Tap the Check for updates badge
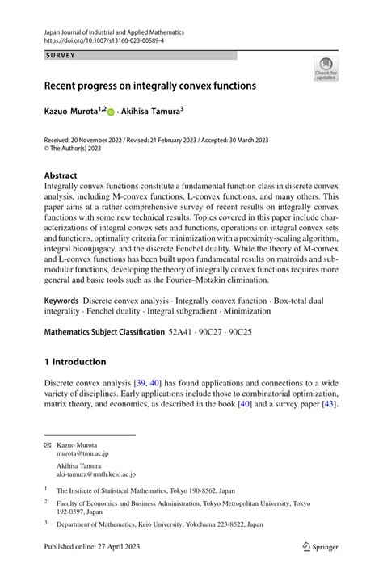[326, 69]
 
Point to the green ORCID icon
[112, 110]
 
